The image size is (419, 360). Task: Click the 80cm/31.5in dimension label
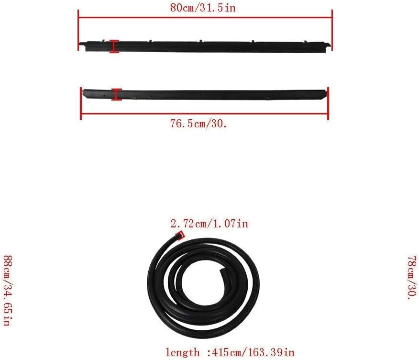pos(203,8)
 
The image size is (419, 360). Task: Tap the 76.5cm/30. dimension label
pos(198,124)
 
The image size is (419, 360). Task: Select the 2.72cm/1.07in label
pos(209,224)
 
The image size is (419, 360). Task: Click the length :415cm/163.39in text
pos(230,352)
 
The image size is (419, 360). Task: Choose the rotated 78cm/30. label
pos(412,278)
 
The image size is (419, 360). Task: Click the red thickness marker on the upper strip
pos(114,46)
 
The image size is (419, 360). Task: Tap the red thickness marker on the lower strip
pos(117,95)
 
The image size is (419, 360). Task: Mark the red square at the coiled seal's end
pos(180,235)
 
